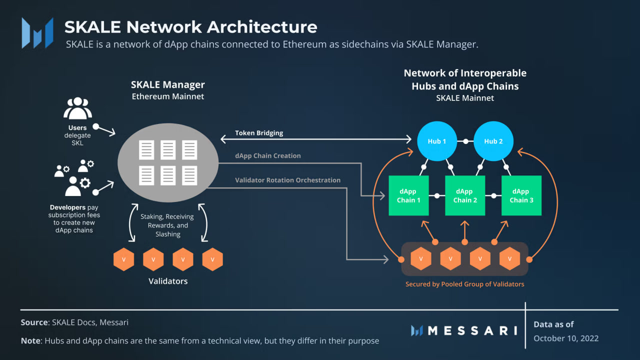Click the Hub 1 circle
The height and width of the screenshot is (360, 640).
(437, 141)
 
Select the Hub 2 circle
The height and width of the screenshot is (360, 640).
(493, 141)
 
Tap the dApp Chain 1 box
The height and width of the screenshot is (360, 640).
(408, 195)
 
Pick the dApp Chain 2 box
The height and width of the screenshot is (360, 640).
(465, 195)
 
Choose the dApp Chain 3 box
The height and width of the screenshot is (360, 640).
(521, 195)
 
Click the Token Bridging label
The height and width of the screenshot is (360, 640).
(259, 133)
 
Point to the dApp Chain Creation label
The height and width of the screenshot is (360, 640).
(268, 155)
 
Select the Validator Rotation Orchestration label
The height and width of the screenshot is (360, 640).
(287, 180)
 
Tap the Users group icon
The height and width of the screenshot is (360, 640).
(77, 108)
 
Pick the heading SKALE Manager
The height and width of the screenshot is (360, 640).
(167, 84)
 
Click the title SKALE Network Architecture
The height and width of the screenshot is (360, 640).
(190, 26)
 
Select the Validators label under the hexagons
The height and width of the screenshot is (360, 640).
(168, 281)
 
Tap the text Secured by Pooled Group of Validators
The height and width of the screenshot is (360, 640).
(464, 284)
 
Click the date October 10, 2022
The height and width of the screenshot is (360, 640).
(566, 338)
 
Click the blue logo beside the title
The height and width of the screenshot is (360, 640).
(37, 33)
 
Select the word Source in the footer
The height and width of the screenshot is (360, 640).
(33, 322)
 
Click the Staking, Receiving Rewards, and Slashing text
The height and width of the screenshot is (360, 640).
(168, 225)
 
